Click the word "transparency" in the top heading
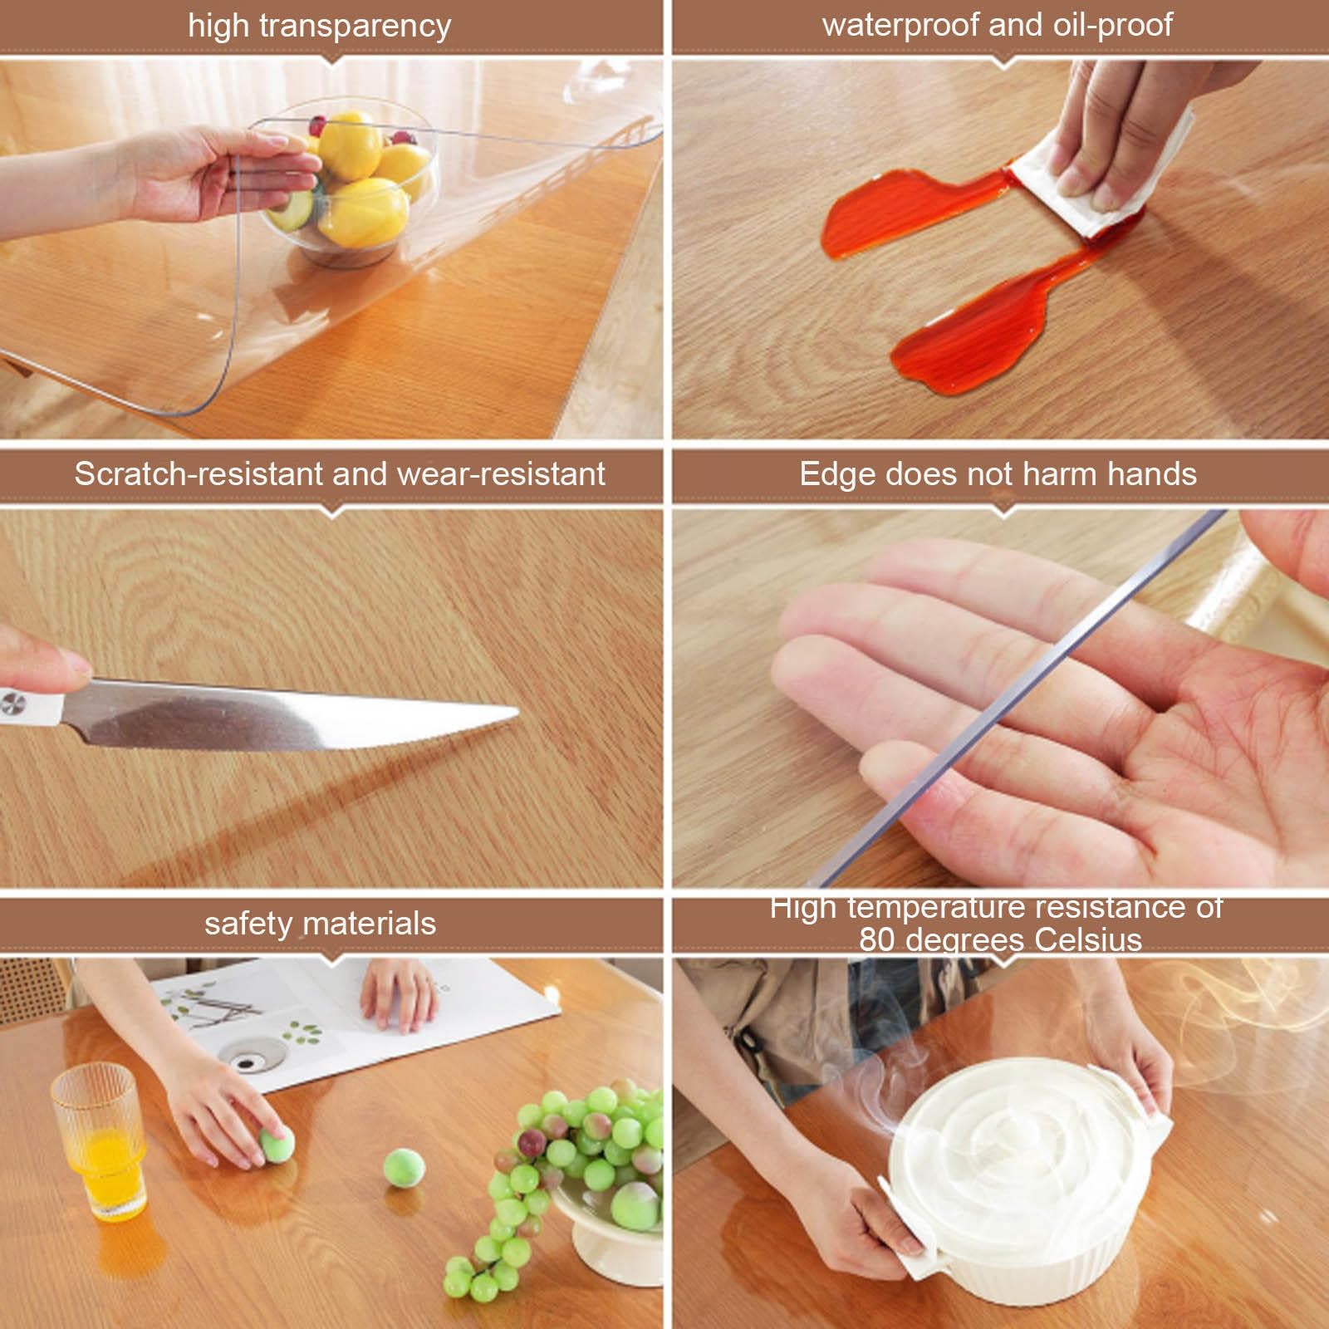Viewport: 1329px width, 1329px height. tap(356, 27)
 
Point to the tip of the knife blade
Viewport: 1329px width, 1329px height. tap(517, 711)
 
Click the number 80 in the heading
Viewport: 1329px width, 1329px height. tap(878, 940)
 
